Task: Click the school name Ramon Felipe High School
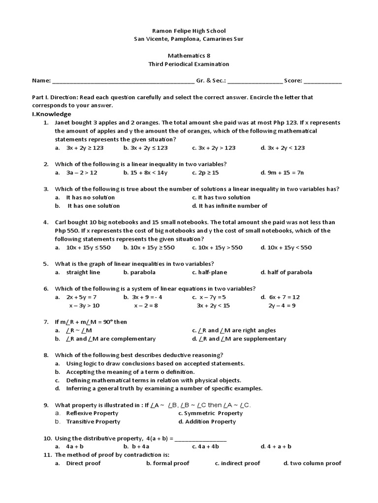point(189,30)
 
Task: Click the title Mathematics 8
point(189,56)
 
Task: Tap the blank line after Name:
point(123,82)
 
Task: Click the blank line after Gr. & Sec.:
point(255,82)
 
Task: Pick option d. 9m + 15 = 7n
point(283,172)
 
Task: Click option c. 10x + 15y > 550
point(217,248)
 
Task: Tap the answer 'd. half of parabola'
point(286,272)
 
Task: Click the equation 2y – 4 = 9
point(282,306)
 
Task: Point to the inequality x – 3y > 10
point(84,306)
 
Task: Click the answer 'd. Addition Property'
point(207,421)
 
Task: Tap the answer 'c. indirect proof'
point(237,463)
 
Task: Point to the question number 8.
point(46,355)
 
